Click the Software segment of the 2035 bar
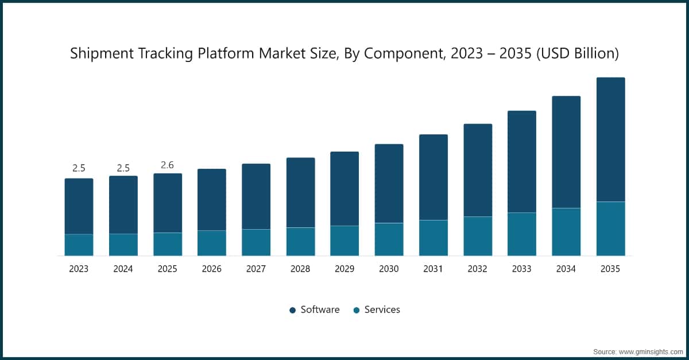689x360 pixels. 610,140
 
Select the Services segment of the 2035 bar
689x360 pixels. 610,229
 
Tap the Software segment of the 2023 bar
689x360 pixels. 79,206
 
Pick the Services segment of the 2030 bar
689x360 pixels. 389,239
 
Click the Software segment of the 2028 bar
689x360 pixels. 300,192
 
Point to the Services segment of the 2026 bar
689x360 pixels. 212,243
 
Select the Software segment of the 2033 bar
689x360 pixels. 522,161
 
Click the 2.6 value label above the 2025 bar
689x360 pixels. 167,165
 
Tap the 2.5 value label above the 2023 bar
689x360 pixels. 79,168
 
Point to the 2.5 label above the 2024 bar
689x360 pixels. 123,168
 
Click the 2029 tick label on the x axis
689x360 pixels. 344,269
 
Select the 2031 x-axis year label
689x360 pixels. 433,269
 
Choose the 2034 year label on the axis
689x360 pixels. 566,269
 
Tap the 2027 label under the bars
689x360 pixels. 256,269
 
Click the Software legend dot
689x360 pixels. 293,310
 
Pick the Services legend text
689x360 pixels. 382,310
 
